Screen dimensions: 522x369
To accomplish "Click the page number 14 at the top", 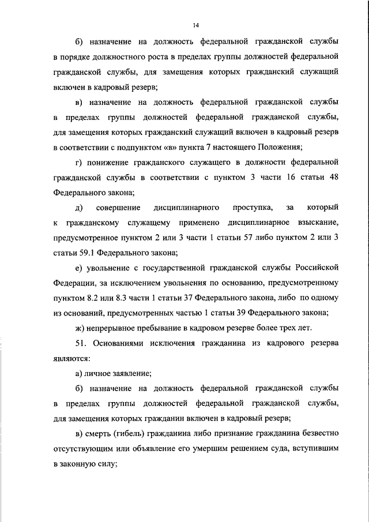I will pyautogui.click(x=197, y=25).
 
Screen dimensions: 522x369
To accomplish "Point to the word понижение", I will pyautogui.click(x=110, y=163).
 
